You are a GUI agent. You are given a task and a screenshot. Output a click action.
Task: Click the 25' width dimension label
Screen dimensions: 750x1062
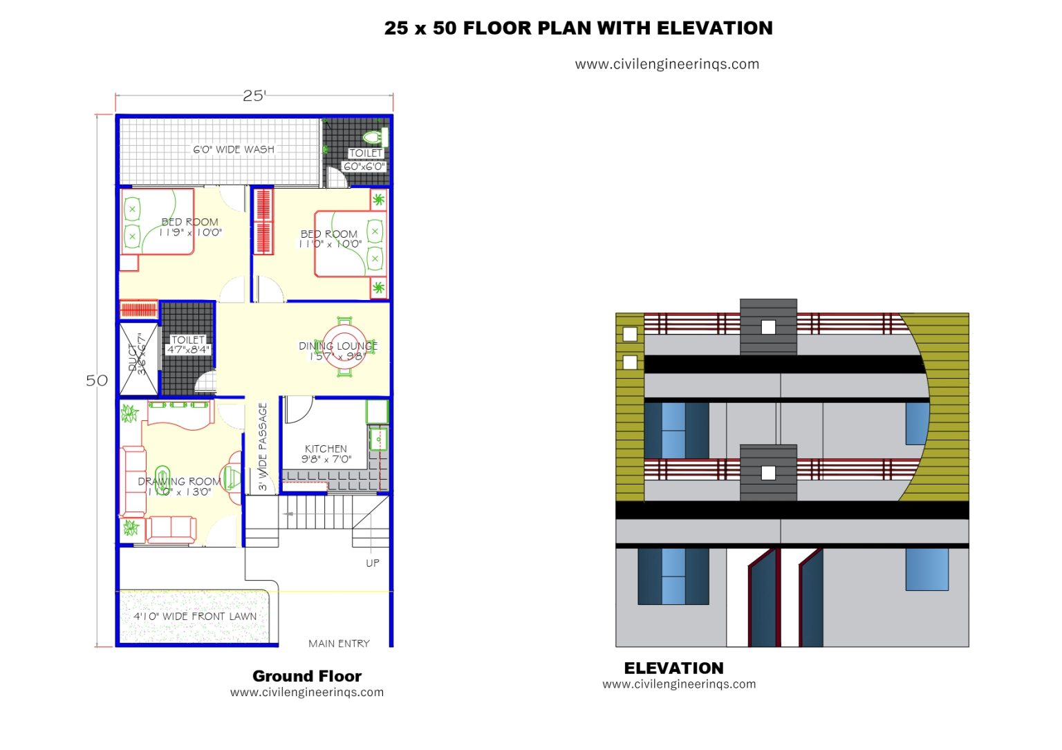254,95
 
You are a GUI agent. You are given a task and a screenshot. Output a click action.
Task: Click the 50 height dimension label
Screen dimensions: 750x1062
97,380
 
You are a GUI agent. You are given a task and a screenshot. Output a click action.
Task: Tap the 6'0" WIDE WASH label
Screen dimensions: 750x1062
234,149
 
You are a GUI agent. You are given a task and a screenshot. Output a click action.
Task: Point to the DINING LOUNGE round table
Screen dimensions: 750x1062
344,346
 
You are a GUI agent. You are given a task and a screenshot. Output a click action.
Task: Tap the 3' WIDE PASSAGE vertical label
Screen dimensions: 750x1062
263,447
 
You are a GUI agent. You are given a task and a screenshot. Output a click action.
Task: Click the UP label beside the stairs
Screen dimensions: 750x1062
373,563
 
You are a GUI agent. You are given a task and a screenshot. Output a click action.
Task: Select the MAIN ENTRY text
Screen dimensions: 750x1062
339,644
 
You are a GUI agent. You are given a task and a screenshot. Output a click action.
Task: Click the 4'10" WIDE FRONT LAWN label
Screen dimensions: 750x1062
195,616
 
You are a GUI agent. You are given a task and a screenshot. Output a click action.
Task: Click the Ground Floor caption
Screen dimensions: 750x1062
307,676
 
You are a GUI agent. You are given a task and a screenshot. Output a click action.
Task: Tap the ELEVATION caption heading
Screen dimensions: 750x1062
673,668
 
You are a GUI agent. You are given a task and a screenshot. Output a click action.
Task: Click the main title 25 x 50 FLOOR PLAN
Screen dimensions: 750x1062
578,28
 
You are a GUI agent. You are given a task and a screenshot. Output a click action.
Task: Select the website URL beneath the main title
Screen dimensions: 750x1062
667,64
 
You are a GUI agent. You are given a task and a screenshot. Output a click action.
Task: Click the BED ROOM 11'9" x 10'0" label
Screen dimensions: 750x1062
190,227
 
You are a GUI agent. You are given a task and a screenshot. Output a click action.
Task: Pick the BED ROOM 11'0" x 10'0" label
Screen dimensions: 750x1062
330,238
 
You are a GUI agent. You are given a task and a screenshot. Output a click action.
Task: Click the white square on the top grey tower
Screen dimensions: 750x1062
768,327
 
